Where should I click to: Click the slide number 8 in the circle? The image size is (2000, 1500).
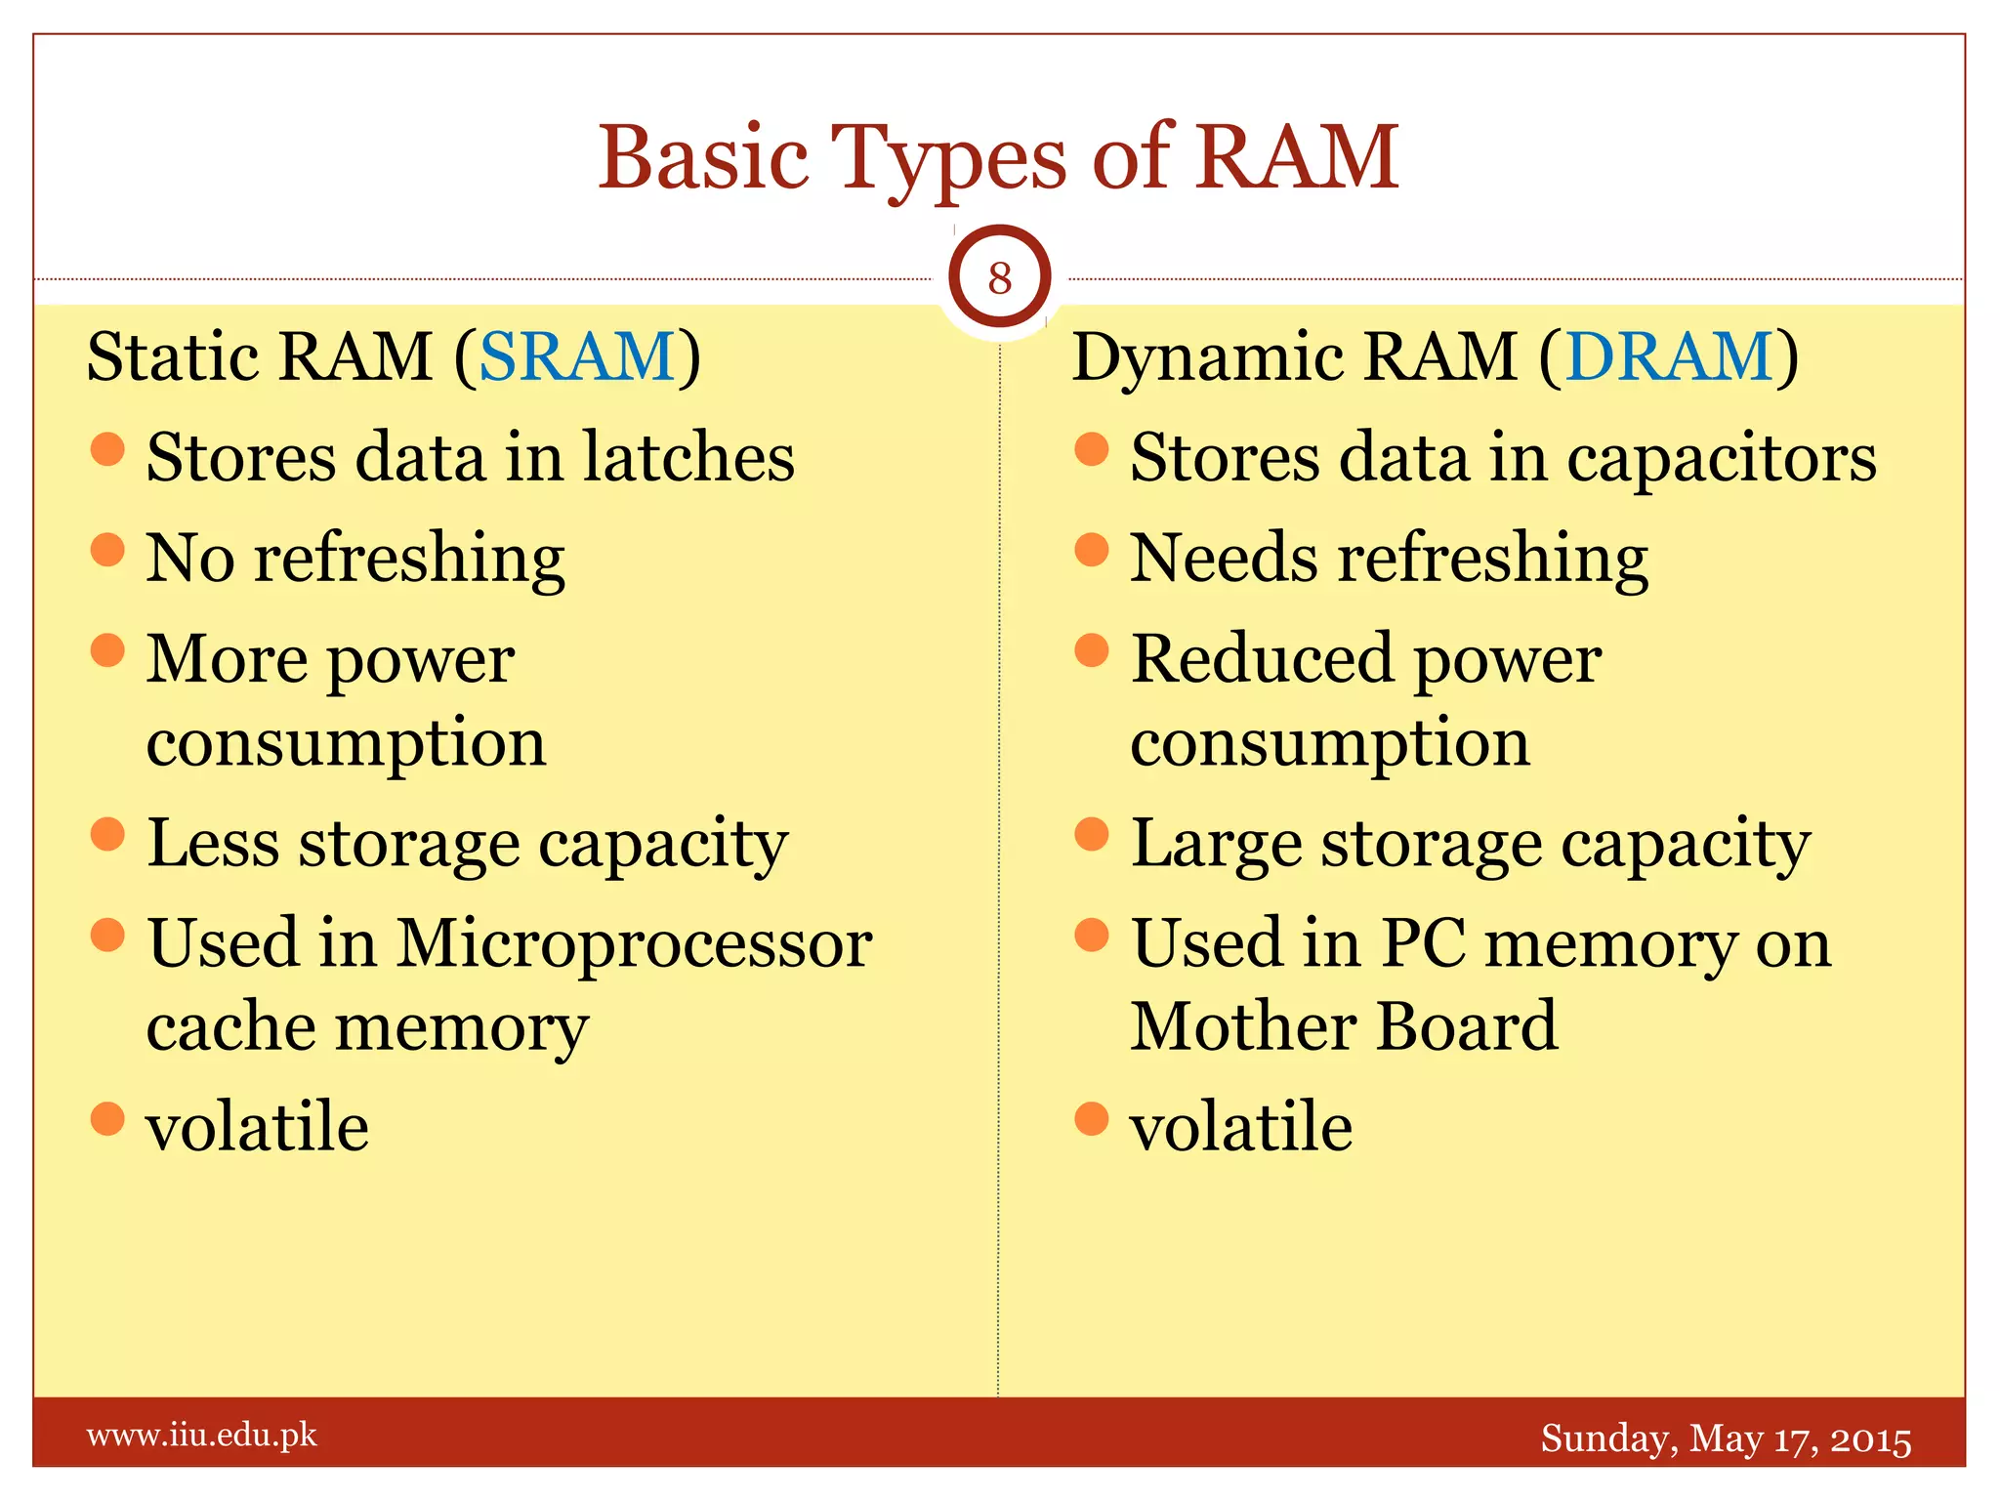click(999, 278)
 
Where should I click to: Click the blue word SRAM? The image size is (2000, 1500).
click(576, 356)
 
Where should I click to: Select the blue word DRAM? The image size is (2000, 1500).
click(1669, 356)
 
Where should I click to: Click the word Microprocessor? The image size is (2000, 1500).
click(634, 944)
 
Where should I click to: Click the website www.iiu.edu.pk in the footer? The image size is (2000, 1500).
click(202, 1436)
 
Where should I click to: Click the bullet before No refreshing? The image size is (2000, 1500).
click(107, 550)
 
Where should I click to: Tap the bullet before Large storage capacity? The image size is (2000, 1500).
click(1092, 835)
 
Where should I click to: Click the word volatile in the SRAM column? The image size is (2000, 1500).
click(258, 1127)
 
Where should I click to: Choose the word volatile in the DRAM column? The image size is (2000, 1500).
click(1241, 1127)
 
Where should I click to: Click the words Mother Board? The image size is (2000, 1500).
click(1344, 1027)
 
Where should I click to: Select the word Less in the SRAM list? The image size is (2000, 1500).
click(213, 843)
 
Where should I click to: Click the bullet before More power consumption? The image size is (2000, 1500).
click(107, 650)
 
